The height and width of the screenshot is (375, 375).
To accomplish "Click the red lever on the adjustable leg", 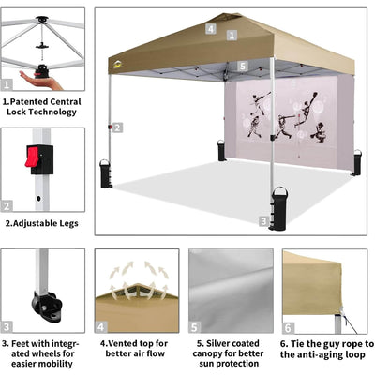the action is (32, 157).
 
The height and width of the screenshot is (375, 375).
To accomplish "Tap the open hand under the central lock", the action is (40, 81).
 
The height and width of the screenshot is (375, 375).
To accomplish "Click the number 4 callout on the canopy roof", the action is (211, 29).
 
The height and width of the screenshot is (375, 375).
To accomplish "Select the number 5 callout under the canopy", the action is (243, 66).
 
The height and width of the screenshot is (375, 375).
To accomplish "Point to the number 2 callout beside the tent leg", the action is (117, 127).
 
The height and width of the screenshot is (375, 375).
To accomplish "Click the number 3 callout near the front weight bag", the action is (263, 221).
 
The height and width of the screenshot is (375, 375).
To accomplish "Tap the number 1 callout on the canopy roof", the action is (232, 36).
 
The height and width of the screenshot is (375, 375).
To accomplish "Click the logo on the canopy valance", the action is (117, 65).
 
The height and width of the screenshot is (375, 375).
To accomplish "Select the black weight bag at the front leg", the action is (279, 208).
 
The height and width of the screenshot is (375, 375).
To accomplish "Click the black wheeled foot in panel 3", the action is (47, 306).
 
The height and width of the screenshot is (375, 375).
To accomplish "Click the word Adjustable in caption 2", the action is (31, 223).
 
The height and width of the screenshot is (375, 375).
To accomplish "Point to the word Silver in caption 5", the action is (218, 343).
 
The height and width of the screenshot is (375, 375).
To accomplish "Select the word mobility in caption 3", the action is (56, 364).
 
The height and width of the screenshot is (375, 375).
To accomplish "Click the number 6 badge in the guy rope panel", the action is (288, 328).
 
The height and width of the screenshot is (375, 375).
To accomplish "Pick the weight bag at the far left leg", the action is (106, 173).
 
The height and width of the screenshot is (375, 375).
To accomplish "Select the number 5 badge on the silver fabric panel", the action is (194, 327).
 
